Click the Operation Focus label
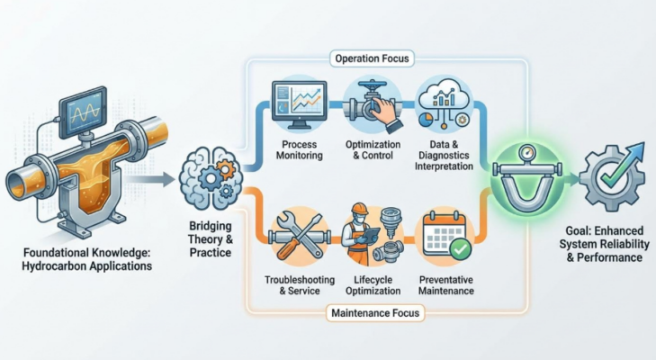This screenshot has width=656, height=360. [373, 59]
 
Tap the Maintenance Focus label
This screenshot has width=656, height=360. [371, 314]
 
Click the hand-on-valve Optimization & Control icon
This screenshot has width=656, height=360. [371, 106]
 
